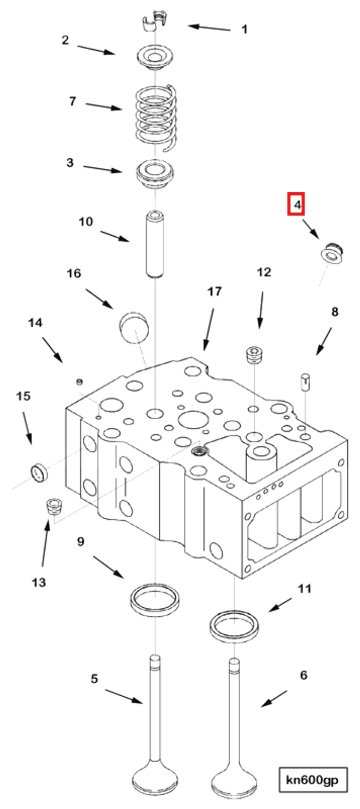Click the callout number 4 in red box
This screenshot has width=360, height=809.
pos(297,205)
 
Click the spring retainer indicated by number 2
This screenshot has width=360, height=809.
pos(155,58)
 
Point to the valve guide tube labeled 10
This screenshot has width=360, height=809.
pos(155,244)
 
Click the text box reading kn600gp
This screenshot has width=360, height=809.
pos(313,779)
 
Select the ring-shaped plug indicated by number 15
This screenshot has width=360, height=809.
pos(38,473)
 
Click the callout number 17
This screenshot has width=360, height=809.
pos(214,291)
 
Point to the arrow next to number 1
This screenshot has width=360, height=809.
pos(209,27)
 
